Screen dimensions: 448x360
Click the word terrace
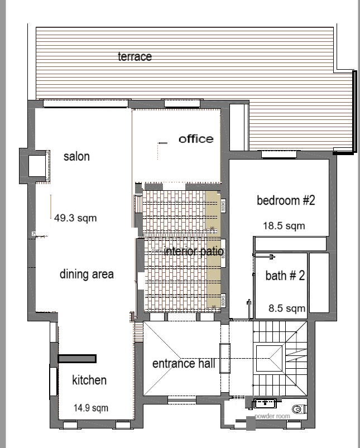pyautogui.click(x=135, y=56)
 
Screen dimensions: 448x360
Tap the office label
pyautogui.click(x=196, y=139)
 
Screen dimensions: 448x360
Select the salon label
pyautogui.click(x=76, y=156)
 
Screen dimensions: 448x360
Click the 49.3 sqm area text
pyautogui.click(x=75, y=218)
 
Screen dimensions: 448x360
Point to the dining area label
pyautogui.click(x=87, y=274)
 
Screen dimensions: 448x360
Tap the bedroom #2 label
pyautogui.click(x=286, y=200)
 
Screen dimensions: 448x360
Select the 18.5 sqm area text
pyautogui.click(x=284, y=226)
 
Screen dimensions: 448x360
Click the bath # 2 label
pyautogui.click(x=285, y=275)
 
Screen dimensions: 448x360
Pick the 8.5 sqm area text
pyautogui.click(x=287, y=308)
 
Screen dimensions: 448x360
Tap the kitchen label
pyautogui.click(x=89, y=380)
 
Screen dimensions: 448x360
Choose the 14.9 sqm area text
pyautogui.click(x=91, y=408)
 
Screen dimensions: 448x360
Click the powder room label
pyautogui.click(x=272, y=416)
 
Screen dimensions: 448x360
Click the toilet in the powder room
pyautogui.click(x=298, y=409)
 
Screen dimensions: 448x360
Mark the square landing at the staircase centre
pyautogui.click(x=270, y=358)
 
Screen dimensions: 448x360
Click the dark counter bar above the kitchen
pyautogui.click(x=77, y=358)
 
